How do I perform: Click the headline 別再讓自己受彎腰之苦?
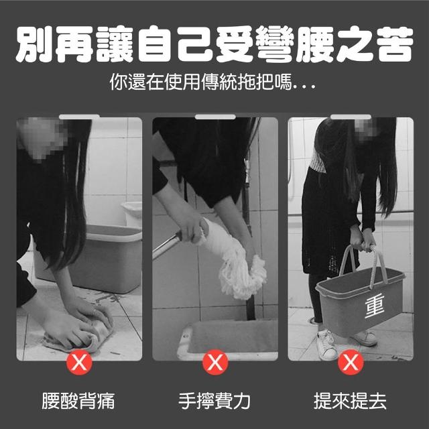[x=214, y=44]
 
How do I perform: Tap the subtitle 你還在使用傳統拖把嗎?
[x=201, y=82]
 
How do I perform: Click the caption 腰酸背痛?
[x=78, y=401]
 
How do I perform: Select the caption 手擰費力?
[x=214, y=401]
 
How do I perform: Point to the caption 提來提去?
[x=350, y=401]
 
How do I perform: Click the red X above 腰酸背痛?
[x=79, y=362]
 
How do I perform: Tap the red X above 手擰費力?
[x=215, y=362]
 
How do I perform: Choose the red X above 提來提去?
[x=351, y=362]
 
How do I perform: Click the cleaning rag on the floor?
[x=79, y=332]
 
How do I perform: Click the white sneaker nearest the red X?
[x=327, y=345]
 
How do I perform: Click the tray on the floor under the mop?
[x=228, y=339]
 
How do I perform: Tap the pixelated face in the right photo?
[x=368, y=131]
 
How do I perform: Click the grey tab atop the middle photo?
[x=215, y=117]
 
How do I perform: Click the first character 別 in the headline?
[x=34, y=44]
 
